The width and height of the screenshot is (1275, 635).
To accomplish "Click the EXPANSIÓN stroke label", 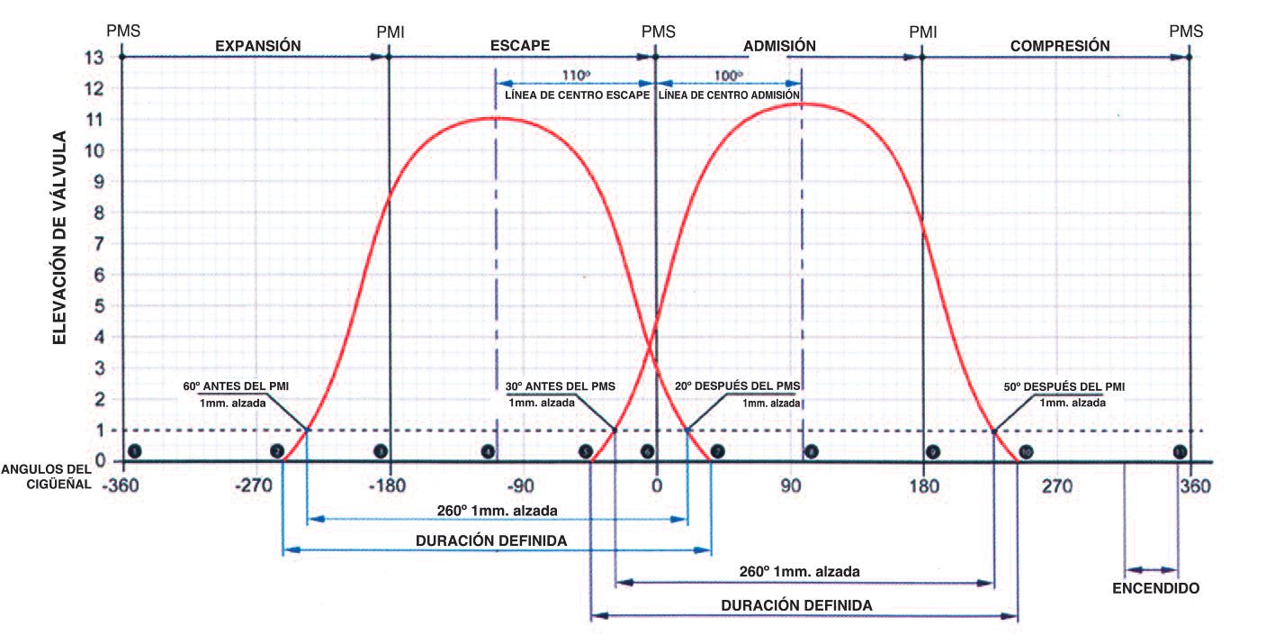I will click(x=256, y=45).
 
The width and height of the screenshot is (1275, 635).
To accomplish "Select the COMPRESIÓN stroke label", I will click(x=1060, y=45).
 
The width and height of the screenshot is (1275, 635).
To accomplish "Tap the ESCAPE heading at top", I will click(x=520, y=45).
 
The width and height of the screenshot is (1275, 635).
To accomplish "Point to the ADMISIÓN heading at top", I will click(x=780, y=45).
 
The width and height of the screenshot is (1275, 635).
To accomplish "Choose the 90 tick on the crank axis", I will click(x=790, y=487).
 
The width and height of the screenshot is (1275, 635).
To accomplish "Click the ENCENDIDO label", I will click(x=1155, y=588).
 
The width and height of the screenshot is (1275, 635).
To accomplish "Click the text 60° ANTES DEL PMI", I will click(x=236, y=386).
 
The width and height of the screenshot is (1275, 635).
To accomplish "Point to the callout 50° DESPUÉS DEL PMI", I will click(x=1064, y=386).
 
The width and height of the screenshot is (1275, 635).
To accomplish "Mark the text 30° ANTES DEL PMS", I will click(x=561, y=386).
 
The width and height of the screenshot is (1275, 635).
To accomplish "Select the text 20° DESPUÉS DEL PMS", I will click(x=738, y=386).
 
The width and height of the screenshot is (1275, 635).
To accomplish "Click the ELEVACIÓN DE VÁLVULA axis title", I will click(x=59, y=238).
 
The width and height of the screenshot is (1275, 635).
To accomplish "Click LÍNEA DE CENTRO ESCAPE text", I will click(x=578, y=95).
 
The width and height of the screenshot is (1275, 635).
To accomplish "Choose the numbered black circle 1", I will click(x=134, y=450).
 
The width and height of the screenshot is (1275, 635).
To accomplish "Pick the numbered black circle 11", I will click(x=1179, y=451).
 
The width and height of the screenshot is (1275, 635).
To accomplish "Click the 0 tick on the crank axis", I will click(x=656, y=487).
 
